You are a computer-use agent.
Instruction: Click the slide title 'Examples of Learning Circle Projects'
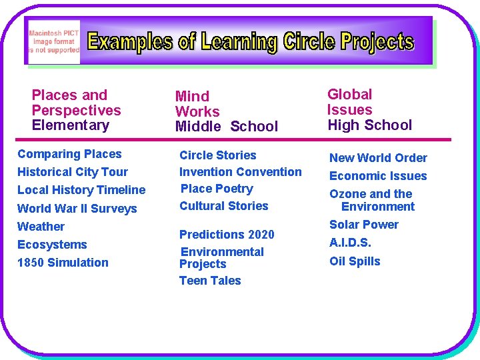click(x=251, y=42)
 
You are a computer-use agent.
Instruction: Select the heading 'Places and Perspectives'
click(x=76, y=103)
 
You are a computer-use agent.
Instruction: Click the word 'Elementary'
click(x=70, y=125)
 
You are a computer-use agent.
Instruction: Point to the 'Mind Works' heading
click(x=197, y=104)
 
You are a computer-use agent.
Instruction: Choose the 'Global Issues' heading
click(x=349, y=102)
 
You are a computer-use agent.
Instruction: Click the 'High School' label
click(x=370, y=125)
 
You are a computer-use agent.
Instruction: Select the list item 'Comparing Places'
click(x=69, y=154)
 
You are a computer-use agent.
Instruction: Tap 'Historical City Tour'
click(x=73, y=172)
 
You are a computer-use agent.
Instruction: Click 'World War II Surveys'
click(x=77, y=209)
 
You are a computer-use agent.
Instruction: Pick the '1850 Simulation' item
click(x=63, y=263)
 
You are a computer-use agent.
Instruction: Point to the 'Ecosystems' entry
click(x=52, y=245)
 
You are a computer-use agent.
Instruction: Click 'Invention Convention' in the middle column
click(x=240, y=172)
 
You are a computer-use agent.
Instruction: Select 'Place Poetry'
click(x=217, y=189)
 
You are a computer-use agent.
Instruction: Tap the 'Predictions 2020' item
click(x=227, y=235)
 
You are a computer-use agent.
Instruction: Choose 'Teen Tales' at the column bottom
click(x=210, y=281)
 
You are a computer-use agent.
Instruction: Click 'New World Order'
click(x=378, y=158)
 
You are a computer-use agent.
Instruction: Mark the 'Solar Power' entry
click(x=363, y=225)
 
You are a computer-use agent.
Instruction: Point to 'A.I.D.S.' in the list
click(x=350, y=243)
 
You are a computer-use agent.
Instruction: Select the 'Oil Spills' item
click(x=355, y=261)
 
